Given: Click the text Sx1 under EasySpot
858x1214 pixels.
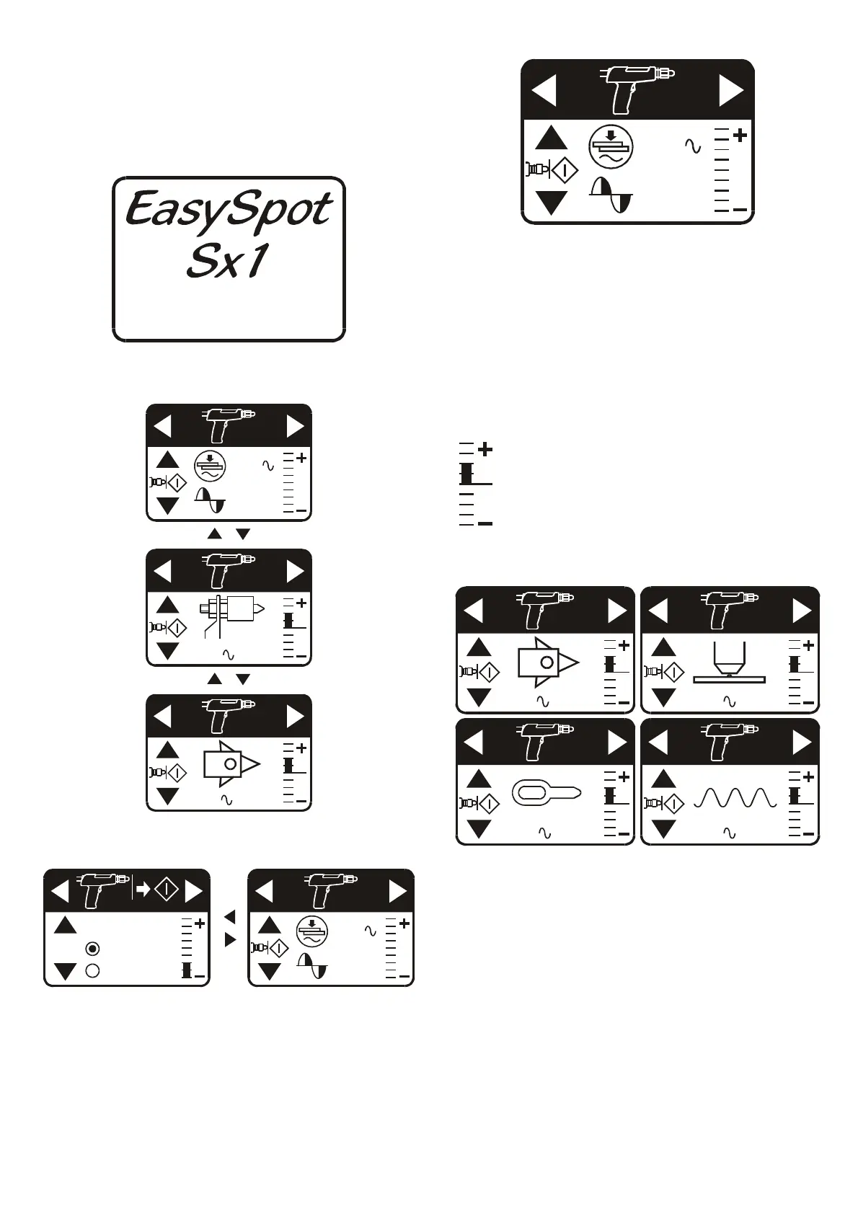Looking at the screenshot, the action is (227, 261).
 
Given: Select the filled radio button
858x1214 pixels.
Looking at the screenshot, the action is (92, 949).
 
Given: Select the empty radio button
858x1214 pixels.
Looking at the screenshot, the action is (92, 970).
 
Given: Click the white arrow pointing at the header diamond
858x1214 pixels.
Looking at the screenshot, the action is (143, 890).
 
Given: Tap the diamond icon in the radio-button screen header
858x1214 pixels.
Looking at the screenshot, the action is (167, 890).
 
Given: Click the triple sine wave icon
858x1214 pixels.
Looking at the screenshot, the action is (734, 797).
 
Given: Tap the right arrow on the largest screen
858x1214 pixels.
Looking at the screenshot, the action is (730, 91).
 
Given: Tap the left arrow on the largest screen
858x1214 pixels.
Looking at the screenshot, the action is (544, 91).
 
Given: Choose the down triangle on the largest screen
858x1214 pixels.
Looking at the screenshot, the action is (552, 202).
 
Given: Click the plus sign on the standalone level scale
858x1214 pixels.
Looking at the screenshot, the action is (485, 449).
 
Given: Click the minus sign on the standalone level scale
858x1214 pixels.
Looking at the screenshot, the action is (485, 523).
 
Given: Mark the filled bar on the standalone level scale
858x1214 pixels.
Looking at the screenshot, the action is (466, 474).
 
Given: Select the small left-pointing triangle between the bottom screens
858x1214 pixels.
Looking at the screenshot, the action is (229, 917).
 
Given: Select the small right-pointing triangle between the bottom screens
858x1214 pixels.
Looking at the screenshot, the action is (230, 939).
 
